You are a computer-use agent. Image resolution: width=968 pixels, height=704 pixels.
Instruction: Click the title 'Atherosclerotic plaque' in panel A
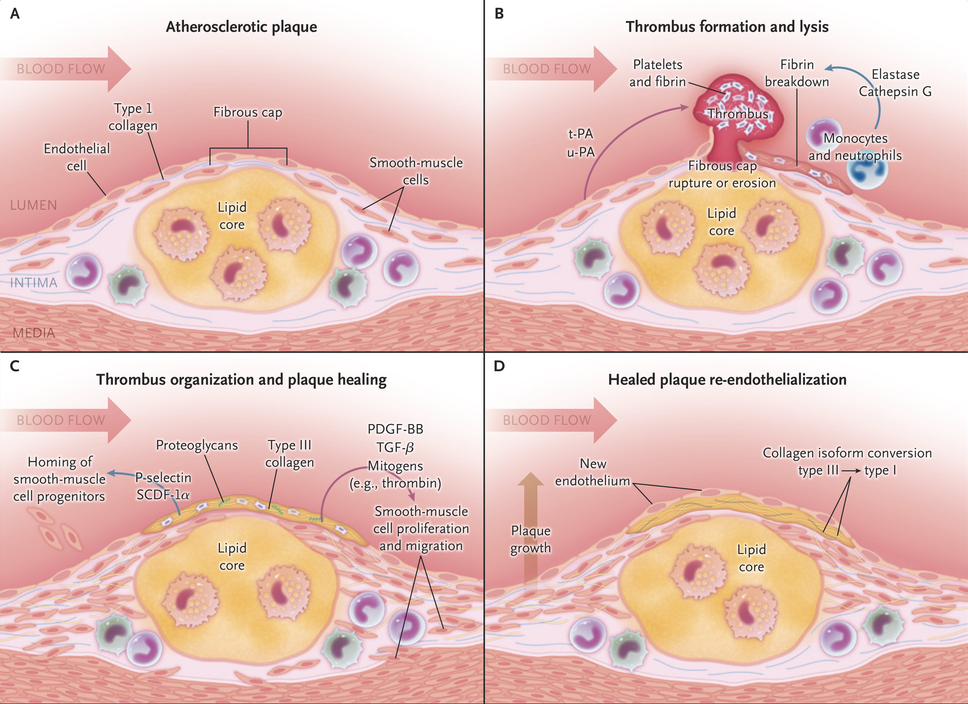point(241,27)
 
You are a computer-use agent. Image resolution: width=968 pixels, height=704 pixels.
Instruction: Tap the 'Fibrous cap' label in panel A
point(247,112)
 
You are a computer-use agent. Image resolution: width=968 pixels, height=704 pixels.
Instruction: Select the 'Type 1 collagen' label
point(133,117)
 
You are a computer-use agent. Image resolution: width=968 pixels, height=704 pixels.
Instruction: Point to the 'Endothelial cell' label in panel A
point(76,157)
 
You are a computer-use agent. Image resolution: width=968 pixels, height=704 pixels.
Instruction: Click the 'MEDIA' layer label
point(34,333)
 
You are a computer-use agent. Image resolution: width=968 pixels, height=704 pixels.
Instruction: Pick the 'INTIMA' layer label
point(33,283)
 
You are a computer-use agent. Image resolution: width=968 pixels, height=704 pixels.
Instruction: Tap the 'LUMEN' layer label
point(33,205)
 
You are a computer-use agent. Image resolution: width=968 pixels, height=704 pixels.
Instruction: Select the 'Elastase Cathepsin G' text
point(895,83)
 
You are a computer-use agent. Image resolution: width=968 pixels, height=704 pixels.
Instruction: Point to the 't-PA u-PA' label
point(581,143)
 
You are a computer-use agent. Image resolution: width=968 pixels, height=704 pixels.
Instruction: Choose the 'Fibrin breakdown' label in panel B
point(797,73)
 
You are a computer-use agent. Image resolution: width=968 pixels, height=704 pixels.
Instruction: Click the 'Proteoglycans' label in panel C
point(197,445)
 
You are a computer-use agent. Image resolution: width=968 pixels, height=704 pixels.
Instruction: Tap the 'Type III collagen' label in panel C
point(289,454)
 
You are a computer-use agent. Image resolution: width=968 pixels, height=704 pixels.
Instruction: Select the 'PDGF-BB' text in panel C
point(395,429)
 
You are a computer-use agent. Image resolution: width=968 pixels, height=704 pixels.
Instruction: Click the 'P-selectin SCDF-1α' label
point(163,486)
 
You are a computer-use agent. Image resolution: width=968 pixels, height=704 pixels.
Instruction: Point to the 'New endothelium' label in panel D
point(593,472)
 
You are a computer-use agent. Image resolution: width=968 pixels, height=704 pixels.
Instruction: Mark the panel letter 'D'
point(499,367)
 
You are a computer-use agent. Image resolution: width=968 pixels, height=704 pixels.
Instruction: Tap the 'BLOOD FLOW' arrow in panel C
point(65,420)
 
